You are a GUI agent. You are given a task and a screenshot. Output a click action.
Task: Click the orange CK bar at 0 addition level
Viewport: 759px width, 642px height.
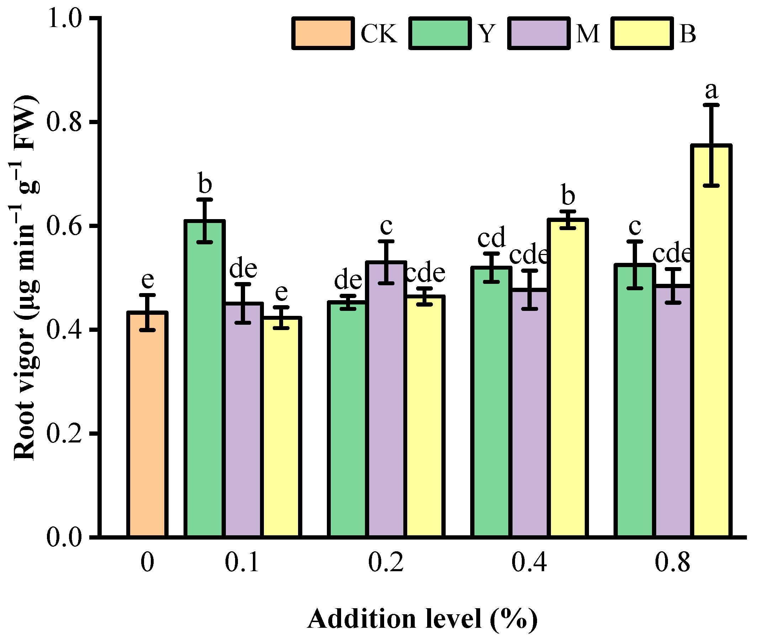point(147,424)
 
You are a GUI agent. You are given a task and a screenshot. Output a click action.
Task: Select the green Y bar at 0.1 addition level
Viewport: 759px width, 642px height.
point(205,378)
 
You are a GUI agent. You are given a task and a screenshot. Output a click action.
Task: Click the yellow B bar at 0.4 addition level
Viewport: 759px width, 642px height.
point(568,378)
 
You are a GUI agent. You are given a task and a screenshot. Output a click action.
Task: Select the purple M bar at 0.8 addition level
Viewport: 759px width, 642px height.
point(673,411)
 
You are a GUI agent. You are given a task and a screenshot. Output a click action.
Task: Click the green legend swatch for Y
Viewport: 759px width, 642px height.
point(440,33)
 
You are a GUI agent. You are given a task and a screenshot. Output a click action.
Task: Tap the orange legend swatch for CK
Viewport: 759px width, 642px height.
point(323,33)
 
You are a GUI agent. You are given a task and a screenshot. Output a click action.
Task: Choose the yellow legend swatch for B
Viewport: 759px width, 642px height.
point(642,33)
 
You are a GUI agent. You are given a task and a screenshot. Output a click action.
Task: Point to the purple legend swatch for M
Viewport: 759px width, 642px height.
point(538,33)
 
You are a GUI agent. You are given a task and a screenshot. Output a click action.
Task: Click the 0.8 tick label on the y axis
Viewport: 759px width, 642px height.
point(64,122)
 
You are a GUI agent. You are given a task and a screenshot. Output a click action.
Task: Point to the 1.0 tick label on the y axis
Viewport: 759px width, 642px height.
point(64,18)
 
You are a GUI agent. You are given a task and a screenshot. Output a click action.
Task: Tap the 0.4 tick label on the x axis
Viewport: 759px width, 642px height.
point(529,563)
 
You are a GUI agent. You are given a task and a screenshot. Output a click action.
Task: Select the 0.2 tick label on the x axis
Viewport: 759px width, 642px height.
point(386,563)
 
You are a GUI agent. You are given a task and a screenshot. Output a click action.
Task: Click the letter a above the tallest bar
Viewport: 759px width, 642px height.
point(711,90)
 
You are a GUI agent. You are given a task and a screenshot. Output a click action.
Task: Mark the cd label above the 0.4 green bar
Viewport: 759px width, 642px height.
point(491,237)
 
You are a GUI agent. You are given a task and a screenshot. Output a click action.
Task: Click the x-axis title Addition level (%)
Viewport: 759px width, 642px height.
point(422,619)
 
